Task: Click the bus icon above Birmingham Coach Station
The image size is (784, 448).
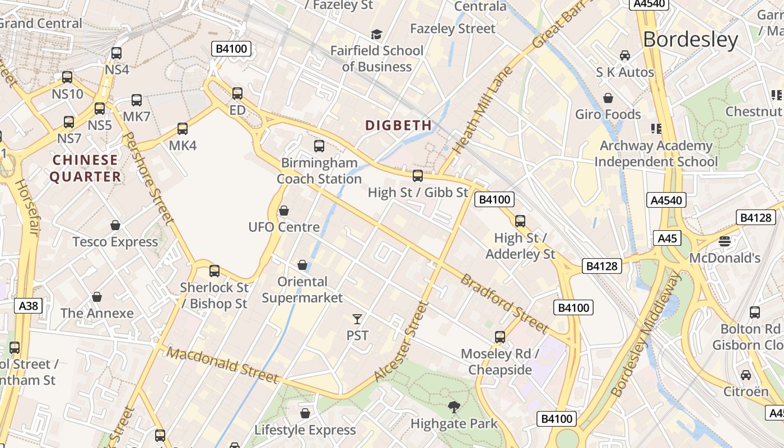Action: (319, 146)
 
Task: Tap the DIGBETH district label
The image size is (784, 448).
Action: (398, 125)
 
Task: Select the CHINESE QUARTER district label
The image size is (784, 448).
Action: (86, 168)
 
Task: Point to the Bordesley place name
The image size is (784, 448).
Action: (690, 40)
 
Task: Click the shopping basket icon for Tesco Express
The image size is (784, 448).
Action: (115, 225)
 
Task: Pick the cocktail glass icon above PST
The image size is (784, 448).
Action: (357, 319)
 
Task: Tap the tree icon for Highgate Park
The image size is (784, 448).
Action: (454, 407)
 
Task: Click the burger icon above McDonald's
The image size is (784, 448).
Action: (725, 241)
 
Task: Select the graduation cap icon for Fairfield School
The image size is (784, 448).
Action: (376, 35)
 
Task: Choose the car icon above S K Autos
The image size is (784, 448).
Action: (625, 55)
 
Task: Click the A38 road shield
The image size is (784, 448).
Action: (28, 306)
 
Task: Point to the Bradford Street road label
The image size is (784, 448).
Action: (503, 303)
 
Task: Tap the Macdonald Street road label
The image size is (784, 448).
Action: (222, 365)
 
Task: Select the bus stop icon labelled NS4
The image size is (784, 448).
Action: (116, 53)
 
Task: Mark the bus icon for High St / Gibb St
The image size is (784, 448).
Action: (418, 176)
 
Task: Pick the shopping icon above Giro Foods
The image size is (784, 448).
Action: (608, 98)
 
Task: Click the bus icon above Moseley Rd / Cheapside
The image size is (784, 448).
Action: (500, 337)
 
